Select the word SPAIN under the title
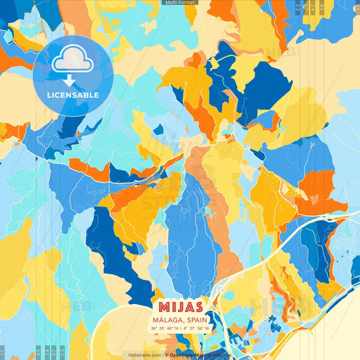[x=195, y=320]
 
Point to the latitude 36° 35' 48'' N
[x=164, y=328]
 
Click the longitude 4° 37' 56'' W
[x=197, y=328]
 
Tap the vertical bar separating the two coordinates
[x=180, y=328]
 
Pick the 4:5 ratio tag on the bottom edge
[x=38, y=352]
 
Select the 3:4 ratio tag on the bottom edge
[x=46, y=352]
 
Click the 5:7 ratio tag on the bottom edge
[x=54, y=352]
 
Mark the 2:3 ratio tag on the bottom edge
[x=62, y=352]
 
